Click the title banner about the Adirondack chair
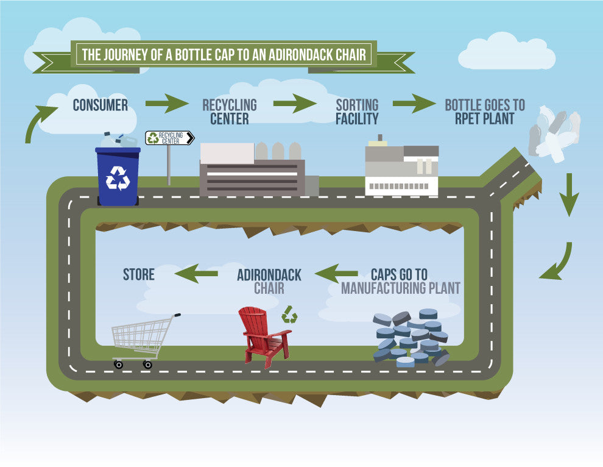pyautogui.click(x=224, y=54)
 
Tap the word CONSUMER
pyautogui.click(x=100, y=105)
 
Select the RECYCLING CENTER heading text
pyautogui.click(x=229, y=112)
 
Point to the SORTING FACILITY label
pyautogui.click(x=357, y=112)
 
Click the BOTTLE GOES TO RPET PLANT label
pyautogui.click(x=484, y=112)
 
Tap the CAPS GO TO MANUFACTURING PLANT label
pyautogui.click(x=400, y=281)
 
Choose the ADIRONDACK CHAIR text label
pyautogui.click(x=269, y=281)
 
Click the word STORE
pyautogui.click(x=139, y=274)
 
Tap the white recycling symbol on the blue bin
pyautogui.click(x=118, y=178)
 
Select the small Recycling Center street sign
pyautogui.click(x=169, y=138)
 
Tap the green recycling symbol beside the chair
pyautogui.click(x=290, y=315)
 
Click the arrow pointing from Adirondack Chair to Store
pyautogui.click(x=196, y=273)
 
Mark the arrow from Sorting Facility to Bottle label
pyautogui.click(x=414, y=104)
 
